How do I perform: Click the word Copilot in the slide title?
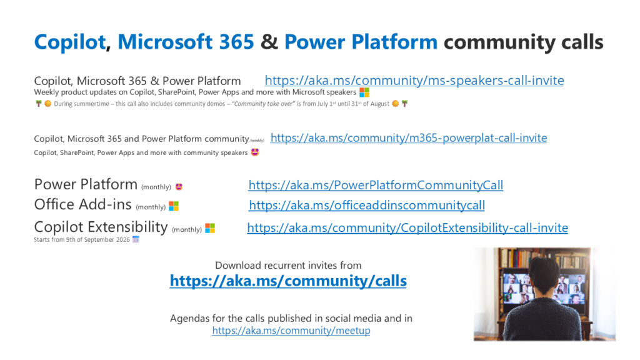tap(70, 42)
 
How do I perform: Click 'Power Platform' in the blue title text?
tap(361, 42)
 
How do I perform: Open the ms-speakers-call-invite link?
tap(414, 81)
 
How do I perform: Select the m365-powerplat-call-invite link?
tap(409, 138)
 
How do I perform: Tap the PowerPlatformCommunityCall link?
tap(376, 185)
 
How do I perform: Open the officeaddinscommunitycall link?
tap(367, 205)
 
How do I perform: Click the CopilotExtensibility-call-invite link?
tap(407, 227)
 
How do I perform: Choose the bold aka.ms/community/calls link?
tap(288, 281)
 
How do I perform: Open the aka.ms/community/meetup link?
tap(291, 330)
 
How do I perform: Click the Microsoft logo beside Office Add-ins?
tap(174, 206)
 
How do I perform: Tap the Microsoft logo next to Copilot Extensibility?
tap(210, 228)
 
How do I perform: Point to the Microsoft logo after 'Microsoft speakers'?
tap(364, 92)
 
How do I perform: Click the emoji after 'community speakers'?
tap(255, 152)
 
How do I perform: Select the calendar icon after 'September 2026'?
tap(136, 239)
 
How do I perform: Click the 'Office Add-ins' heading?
tap(83, 204)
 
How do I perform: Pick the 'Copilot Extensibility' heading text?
tap(101, 227)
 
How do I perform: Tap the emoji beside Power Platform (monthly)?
tap(179, 187)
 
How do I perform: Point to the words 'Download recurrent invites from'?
tap(288, 265)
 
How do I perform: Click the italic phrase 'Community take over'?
tap(263, 104)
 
